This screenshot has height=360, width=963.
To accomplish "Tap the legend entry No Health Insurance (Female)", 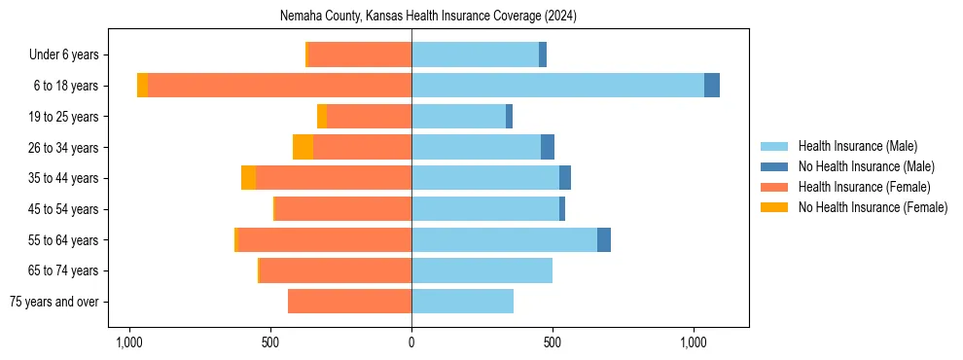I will coord(872,207).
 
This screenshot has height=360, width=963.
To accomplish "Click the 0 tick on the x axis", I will coord(411,342).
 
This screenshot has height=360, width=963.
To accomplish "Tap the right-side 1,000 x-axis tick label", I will coord(693,342).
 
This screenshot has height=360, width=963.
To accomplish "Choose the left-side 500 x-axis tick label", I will coord(270,342).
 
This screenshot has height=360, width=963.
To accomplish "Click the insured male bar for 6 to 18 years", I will coord(557,86).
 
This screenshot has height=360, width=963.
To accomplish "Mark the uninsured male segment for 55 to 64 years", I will coord(604,239).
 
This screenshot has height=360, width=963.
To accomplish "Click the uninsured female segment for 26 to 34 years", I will coord(303,147).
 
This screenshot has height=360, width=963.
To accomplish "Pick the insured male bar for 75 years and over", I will coord(462,302).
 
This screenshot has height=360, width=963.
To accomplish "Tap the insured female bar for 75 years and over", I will coord(349,302).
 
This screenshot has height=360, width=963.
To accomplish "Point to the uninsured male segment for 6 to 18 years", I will coord(712,86).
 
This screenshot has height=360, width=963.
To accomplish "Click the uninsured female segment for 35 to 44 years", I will coord(248,178).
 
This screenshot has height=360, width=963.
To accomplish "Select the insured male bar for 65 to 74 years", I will coord(481,270).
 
